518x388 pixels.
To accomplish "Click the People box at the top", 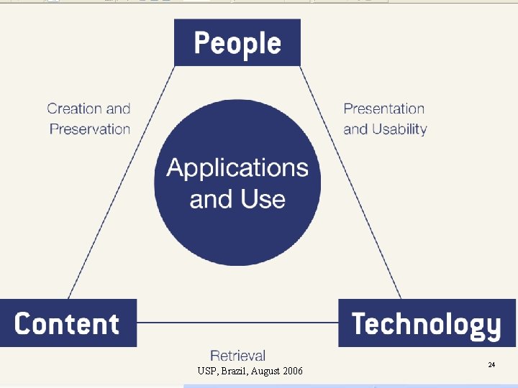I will point(237,43).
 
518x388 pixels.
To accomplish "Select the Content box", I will point(68,323).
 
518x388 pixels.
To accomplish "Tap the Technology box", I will point(427,323).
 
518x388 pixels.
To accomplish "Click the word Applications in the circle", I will point(237,168).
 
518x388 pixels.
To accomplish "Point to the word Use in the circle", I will point(266,199).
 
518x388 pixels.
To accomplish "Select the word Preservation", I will point(90,129).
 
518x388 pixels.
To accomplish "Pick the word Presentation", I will point(384,109).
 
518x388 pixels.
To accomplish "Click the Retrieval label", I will point(237,356).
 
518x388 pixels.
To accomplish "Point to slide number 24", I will point(491,365).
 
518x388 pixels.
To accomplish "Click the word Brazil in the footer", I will point(239,371).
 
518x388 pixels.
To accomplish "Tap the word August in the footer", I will point(267,371).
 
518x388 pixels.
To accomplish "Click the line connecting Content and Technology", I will point(237,323).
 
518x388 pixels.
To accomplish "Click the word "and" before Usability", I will point(355,129).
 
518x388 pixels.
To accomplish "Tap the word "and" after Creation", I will point(119,109).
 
